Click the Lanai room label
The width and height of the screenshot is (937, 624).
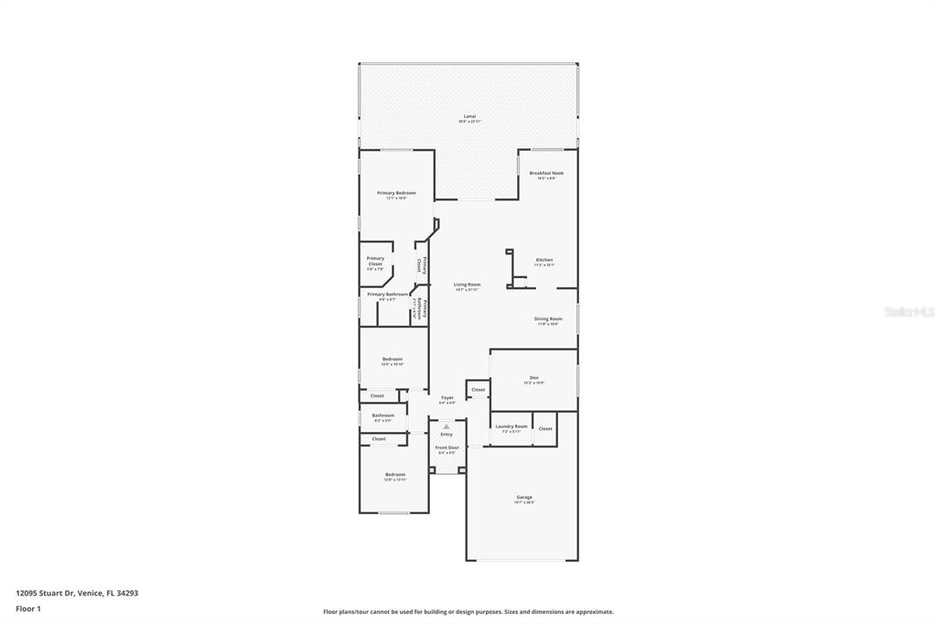coord(469,117)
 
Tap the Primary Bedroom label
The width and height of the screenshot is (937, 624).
coord(396,193)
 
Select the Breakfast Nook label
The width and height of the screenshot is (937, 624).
coord(546,173)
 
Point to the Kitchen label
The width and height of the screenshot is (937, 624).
coord(544,260)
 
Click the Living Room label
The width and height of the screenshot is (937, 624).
coord(467,285)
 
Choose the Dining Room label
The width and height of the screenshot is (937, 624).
coord(548,319)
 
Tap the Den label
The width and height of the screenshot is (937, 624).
coord(533,378)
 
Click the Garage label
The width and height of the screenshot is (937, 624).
coord(524,497)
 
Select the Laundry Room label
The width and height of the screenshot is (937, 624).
coord(511,426)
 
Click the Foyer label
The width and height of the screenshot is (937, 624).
coord(447,398)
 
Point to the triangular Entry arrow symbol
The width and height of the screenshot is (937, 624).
coord(447,426)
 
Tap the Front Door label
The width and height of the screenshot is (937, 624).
coord(447,447)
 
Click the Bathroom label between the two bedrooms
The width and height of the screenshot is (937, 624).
coord(382,415)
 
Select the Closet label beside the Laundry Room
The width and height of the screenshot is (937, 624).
coord(545,428)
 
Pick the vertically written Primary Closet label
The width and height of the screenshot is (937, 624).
coord(424,264)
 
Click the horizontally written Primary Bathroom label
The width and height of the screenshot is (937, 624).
coord(388,295)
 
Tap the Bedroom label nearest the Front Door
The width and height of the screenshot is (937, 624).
coord(394,474)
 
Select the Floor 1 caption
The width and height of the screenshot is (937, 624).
coord(28,608)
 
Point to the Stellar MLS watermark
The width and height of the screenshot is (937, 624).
coord(909,312)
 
